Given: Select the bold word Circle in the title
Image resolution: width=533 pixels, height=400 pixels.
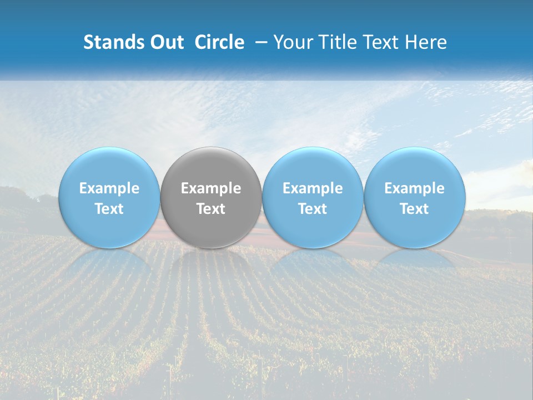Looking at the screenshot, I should (219, 42).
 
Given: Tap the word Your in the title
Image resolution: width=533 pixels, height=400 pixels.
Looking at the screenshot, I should (291, 42).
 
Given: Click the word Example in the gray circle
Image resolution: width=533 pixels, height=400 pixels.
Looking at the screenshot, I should (211, 189).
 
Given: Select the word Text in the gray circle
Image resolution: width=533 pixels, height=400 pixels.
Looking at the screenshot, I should (211, 209).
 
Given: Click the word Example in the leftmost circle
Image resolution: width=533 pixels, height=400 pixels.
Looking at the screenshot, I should (109, 189).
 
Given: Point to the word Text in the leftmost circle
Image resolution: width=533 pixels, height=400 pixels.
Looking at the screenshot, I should (109, 209).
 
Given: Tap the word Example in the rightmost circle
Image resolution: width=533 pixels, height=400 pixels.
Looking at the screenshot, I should (414, 189).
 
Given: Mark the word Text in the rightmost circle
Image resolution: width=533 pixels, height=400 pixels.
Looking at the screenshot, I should (414, 209).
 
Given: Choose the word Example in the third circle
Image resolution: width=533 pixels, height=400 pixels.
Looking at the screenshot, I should (313, 189).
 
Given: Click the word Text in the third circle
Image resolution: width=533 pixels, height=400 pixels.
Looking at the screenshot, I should (313, 209).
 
